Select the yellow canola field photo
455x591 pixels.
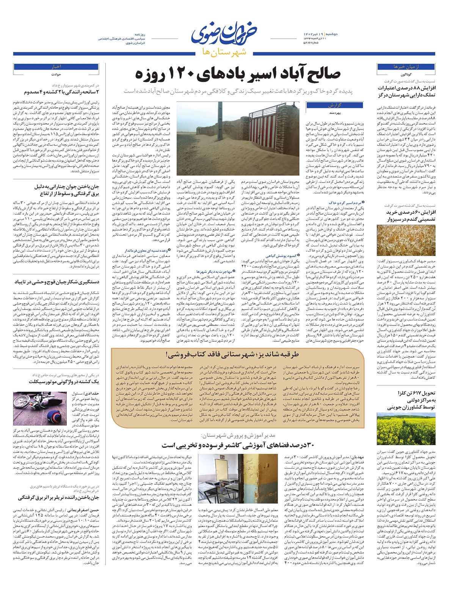pos(406,429)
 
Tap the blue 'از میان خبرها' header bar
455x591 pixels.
pos(406,67)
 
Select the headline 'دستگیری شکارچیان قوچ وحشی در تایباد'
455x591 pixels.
pos(57,282)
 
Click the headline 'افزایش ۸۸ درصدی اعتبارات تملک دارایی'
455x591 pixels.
pos(407,91)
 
